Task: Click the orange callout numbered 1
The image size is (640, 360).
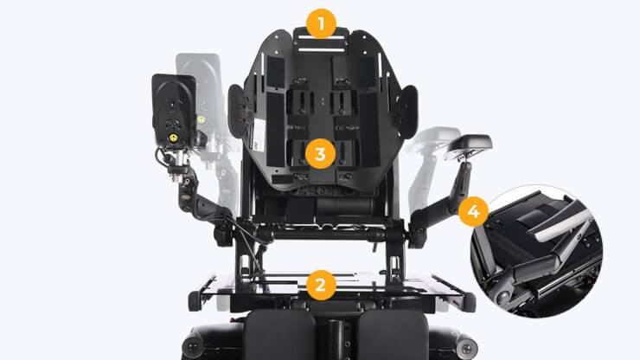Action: (321, 23)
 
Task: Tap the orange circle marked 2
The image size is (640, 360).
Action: (321, 285)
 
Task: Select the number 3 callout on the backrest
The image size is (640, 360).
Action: (320, 154)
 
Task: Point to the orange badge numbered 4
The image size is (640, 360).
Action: (473, 211)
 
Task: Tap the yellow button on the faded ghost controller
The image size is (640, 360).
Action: (202, 119)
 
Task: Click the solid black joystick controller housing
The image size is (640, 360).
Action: (175, 110)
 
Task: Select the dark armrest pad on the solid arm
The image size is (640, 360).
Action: (470, 143)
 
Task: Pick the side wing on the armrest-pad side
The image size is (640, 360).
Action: (407, 112)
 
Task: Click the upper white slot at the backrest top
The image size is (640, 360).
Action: (321, 37)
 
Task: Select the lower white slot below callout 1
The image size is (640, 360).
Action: (322, 50)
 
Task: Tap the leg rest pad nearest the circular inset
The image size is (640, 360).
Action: (393, 335)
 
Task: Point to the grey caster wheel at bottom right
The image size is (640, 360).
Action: (466, 348)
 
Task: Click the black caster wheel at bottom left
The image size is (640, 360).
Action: (193, 346)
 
